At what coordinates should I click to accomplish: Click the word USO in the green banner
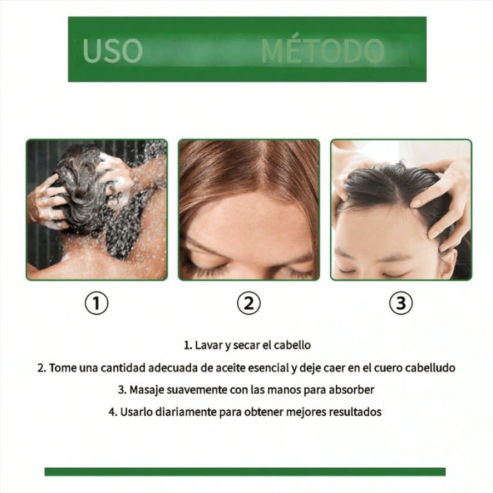coord(112,50)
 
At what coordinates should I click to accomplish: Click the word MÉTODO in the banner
coord(323,50)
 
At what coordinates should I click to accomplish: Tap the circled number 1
coord(96,303)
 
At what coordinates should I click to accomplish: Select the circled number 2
coord(249,303)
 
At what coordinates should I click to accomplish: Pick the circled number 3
coord(401,303)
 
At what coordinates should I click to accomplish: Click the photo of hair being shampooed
coord(96,210)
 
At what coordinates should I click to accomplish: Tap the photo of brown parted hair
coord(249,210)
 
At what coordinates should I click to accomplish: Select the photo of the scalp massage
coord(401,210)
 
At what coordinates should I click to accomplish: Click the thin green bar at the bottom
coord(245,472)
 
